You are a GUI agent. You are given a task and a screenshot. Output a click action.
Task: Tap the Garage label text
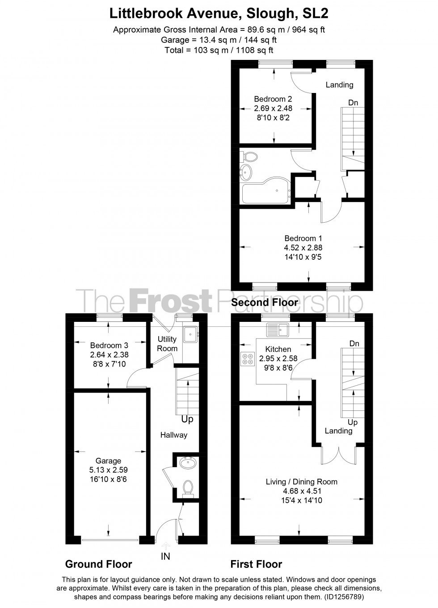click(108, 461)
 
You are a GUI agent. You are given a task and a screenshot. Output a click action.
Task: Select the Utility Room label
click(167, 344)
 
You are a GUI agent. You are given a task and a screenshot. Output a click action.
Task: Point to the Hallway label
click(174, 435)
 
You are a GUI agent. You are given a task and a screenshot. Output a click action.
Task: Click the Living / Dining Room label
click(301, 481)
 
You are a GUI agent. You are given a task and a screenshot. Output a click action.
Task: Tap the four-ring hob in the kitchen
click(247, 358)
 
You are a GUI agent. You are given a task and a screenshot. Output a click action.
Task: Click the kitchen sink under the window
click(278, 330)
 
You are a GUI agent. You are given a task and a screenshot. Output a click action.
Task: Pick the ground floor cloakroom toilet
click(188, 487)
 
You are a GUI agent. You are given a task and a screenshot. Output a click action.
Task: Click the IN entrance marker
click(165, 557)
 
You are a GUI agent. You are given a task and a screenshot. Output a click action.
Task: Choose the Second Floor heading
click(265, 303)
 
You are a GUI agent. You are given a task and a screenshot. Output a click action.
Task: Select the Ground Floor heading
click(99, 564)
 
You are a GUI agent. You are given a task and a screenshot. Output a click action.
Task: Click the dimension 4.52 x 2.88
click(303, 248)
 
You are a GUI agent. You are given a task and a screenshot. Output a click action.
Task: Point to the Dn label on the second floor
click(353, 103)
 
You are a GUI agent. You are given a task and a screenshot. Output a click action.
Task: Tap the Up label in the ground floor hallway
click(187, 420)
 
